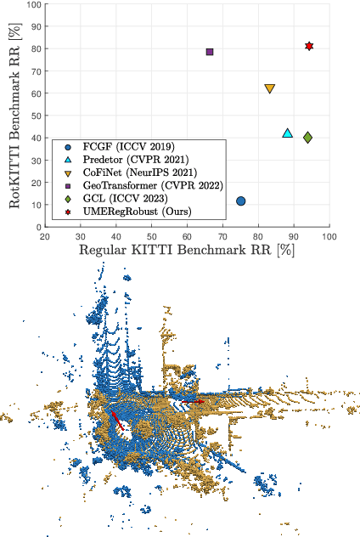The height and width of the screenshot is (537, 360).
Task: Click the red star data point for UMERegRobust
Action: [x=309, y=46]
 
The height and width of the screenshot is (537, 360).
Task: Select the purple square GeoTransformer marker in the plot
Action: [x=210, y=52]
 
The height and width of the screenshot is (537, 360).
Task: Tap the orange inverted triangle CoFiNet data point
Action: [x=270, y=88]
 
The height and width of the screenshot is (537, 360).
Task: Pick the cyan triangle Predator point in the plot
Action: [x=288, y=133]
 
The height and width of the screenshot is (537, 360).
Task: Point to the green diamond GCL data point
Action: [x=307, y=137]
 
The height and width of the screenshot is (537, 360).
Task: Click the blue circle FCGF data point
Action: [x=241, y=201]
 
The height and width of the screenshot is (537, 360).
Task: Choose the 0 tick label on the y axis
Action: [x=37, y=227]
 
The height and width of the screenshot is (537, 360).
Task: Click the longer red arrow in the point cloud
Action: [x=118, y=421]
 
